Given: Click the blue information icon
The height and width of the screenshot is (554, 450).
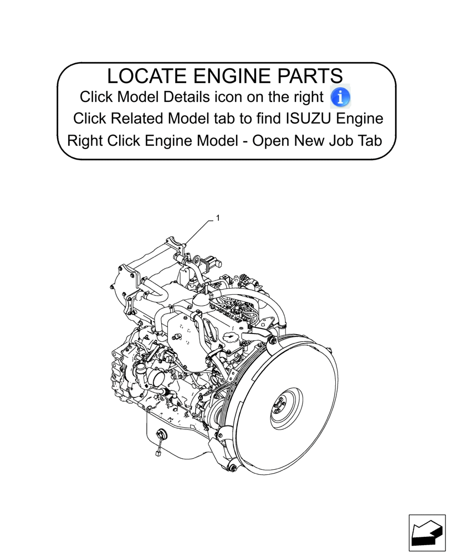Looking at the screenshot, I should tap(340, 97).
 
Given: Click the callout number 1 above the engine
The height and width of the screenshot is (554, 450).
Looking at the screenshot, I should tap(218, 218).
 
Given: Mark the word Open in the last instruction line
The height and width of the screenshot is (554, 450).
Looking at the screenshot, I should tap(270, 141).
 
